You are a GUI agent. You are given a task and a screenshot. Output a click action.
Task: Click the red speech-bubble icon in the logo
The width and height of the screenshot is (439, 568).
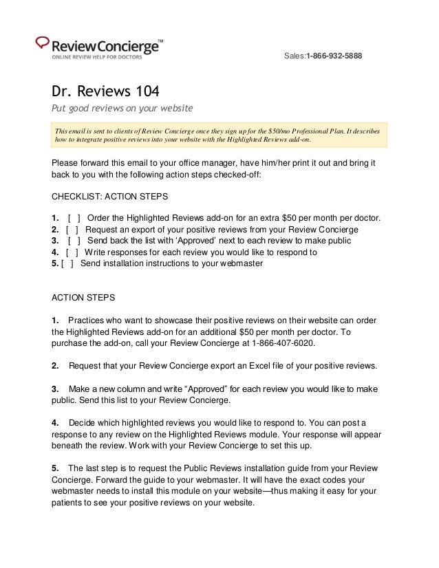tap(42, 42)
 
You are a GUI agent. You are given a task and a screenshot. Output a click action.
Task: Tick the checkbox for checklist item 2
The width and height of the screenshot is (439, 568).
tap(72, 230)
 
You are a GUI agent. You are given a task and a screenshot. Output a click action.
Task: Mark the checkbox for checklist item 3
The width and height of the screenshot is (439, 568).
tap(74, 241)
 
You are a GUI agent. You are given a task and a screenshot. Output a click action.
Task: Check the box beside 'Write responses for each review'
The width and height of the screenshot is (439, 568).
tap(72, 252)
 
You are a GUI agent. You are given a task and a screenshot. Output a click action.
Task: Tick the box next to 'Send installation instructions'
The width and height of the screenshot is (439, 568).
tap(67, 263)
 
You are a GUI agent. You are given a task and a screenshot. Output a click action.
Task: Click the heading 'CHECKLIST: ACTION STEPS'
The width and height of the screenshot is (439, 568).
tap(110, 196)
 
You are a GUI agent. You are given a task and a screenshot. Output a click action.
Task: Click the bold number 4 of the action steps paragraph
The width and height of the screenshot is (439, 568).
tap(55, 422)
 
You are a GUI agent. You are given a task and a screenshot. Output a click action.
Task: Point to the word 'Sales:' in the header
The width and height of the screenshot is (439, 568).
tap(295, 55)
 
